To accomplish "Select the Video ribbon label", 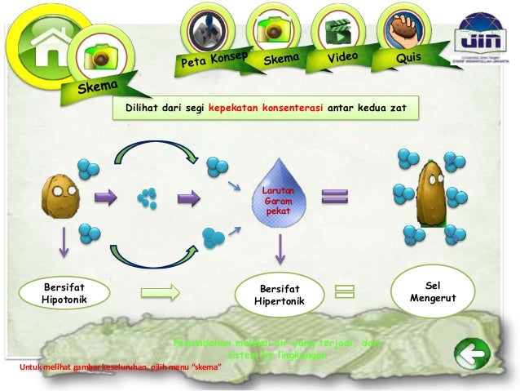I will [344, 59].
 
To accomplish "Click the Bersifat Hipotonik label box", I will [63, 293].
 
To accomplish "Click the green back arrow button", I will [471, 356].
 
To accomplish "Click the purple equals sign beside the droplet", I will [334, 197].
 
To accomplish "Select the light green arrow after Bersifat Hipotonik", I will [161, 292].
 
